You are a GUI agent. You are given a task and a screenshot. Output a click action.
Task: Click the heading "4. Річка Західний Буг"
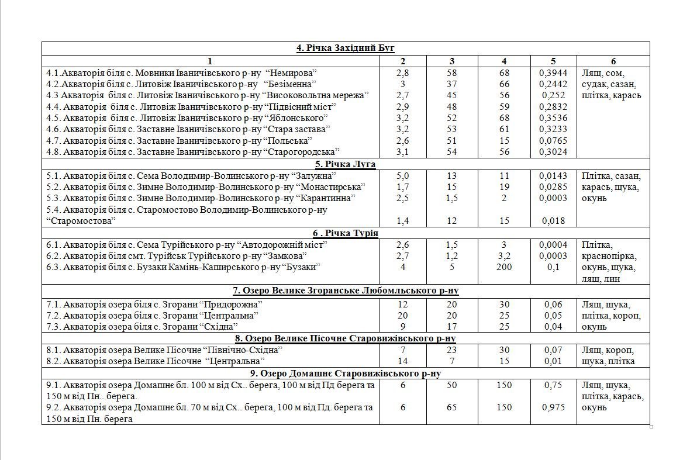(x=346, y=48)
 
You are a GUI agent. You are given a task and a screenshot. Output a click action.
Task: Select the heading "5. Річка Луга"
(x=345, y=164)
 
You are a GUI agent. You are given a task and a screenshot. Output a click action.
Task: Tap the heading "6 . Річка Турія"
(x=346, y=233)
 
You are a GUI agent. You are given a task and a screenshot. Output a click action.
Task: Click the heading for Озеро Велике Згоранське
(x=346, y=290)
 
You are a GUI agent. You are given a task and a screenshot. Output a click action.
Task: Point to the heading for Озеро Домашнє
(x=346, y=373)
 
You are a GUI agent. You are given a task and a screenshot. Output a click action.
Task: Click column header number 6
(x=613, y=61)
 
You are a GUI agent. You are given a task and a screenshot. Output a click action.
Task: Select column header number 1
(x=210, y=61)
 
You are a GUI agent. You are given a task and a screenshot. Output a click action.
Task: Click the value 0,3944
(x=553, y=73)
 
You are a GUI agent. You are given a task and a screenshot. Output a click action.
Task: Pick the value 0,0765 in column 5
(x=553, y=141)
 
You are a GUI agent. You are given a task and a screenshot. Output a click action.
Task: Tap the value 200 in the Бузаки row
(x=503, y=267)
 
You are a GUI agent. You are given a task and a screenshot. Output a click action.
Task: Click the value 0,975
(x=553, y=407)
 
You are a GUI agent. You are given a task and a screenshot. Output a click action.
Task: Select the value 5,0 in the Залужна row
(x=403, y=176)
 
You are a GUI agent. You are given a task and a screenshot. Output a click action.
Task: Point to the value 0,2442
(x=553, y=84)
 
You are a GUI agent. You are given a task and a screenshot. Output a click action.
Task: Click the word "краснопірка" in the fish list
(x=608, y=256)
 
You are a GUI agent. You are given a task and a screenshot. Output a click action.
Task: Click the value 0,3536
(x=553, y=118)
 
